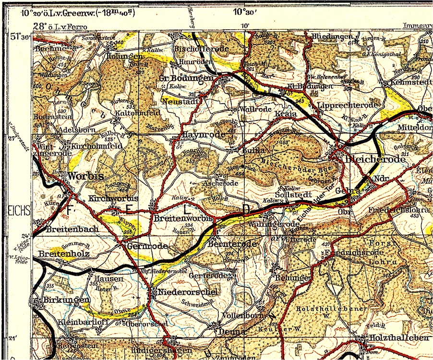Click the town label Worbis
coord(86,176)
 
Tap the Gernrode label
coord(147,246)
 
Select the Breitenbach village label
coord(72,229)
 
